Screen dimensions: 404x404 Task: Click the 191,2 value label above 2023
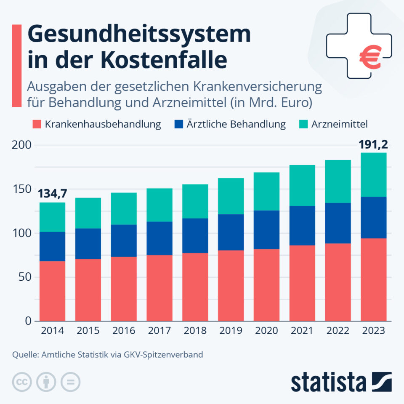tap(373, 145)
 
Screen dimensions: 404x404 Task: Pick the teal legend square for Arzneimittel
tap(304, 124)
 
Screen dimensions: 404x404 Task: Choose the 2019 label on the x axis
tap(231, 331)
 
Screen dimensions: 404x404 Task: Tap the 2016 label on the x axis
tap(123, 331)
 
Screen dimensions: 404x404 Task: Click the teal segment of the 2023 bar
tap(373, 175)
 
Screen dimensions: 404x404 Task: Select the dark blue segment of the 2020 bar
tap(266, 230)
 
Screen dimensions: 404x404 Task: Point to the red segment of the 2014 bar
tap(52, 291)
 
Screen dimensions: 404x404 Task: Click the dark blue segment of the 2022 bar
tap(338, 223)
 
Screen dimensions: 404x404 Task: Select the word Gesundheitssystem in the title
tap(139, 35)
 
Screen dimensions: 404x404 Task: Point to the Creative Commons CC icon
tap(22, 382)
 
